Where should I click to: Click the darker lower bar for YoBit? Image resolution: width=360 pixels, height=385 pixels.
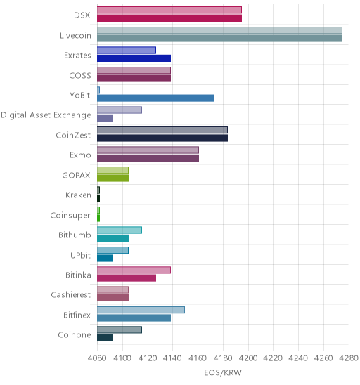click(x=155, y=98)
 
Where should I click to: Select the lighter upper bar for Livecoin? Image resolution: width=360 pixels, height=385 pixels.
click(x=219, y=30)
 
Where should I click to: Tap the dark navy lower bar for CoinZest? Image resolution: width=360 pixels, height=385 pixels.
click(x=162, y=138)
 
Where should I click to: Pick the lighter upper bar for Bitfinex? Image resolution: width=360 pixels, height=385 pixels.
click(x=141, y=310)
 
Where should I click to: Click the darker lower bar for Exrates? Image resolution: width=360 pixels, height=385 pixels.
click(x=134, y=58)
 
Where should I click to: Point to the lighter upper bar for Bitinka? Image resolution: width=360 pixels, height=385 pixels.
click(x=134, y=270)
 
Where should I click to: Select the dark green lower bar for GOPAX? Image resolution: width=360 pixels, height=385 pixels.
click(x=112, y=178)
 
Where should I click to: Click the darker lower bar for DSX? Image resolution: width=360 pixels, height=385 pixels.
click(x=169, y=18)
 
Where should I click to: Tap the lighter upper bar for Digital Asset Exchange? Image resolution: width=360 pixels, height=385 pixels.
click(x=120, y=110)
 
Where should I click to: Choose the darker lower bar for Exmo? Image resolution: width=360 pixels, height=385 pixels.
click(x=148, y=158)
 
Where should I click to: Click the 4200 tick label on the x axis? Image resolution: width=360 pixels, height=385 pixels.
click(x=248, y=358)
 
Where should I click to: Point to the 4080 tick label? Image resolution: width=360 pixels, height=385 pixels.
click(x=97, y=358)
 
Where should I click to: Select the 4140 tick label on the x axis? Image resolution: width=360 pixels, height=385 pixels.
click(x=172, y=358)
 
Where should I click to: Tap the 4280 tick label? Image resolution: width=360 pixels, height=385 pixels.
click(x=349, y=358)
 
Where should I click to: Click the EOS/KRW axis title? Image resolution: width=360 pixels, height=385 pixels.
click(x=223, y=373)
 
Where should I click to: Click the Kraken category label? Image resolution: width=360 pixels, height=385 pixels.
click(x=78, y=195)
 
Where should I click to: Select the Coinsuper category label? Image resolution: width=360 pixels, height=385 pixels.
click(x=70, y=216)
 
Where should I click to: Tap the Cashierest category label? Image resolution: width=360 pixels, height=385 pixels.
click(x=71, y=294)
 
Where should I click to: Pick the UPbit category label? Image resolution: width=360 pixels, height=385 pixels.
click(x=81, y=255)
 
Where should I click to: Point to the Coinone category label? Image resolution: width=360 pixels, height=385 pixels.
click(x=75, y=335)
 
